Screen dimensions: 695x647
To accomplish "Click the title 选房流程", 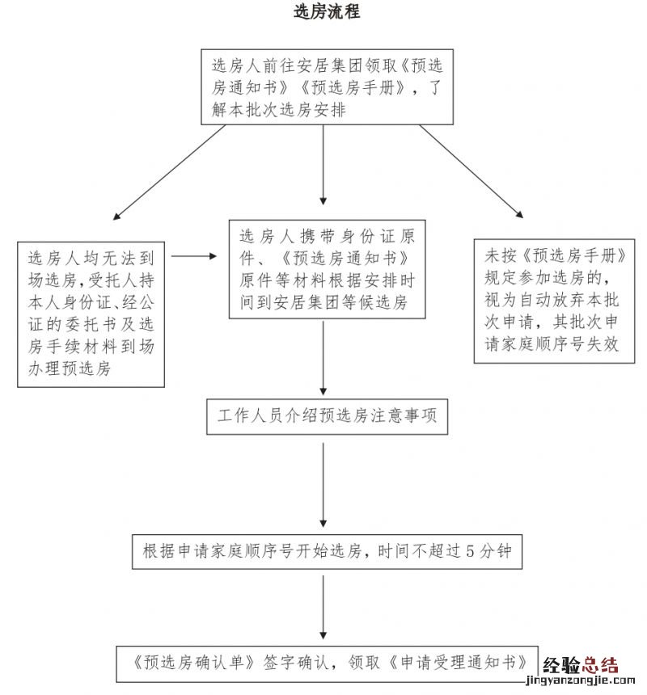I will click(x=326, y=13).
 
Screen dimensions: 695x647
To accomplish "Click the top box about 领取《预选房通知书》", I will click(x=327, y=87).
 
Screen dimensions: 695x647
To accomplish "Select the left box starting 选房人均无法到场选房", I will click(x=91, y=314).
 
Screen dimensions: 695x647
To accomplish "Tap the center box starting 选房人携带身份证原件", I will click(x=327, y=269).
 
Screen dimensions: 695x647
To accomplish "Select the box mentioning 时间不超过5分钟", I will click(x=327, y=551).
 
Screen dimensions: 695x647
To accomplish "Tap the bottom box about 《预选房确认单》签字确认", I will click(x=327, y=661).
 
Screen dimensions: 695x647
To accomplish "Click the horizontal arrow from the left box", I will click(x=194, y=257).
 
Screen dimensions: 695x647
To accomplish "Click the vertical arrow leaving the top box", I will click(x=323, y=166).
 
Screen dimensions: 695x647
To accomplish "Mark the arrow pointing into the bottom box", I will click(x=323, y=605).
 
